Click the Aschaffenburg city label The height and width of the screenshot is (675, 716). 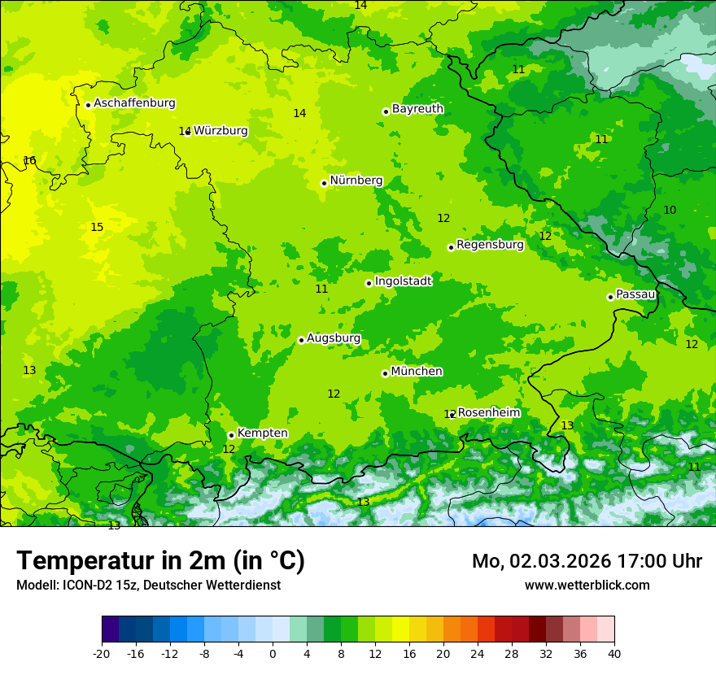134,103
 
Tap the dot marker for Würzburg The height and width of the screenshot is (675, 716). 187,132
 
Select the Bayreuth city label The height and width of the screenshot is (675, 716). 417,109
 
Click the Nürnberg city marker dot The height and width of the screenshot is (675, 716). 324,183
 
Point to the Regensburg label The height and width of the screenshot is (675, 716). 490,245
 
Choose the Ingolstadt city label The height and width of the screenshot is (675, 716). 403,281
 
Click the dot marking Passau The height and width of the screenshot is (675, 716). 610,297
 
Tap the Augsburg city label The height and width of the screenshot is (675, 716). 334,338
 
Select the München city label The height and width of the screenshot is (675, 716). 417,372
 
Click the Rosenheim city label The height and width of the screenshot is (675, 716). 488,413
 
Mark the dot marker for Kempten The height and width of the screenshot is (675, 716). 231,435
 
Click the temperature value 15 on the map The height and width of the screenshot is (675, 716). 97,228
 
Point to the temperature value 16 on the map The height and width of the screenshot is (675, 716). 29,161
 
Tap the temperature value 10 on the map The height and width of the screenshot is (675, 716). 670,211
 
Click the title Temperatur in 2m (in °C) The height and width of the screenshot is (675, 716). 160,561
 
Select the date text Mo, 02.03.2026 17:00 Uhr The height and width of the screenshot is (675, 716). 587,561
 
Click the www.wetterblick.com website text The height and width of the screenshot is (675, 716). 587,585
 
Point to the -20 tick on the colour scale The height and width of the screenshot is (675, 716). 102,653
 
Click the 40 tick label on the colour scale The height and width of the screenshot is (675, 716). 614,653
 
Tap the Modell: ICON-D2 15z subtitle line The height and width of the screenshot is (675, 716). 148,585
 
